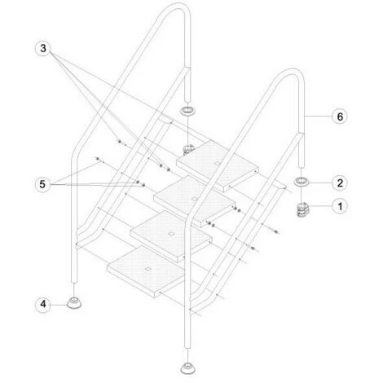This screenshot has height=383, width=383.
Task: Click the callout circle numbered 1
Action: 340,206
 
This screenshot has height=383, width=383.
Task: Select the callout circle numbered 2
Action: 340,183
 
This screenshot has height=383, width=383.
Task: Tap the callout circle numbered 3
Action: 43,48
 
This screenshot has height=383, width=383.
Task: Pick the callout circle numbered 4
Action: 43,305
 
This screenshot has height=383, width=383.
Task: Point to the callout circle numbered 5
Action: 42,184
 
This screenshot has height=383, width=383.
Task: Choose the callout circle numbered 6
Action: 340,117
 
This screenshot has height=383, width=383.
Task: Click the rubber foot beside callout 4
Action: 74,303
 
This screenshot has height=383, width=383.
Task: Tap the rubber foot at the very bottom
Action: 188,368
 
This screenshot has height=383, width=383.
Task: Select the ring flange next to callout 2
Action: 302,181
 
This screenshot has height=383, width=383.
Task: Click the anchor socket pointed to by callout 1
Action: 302,209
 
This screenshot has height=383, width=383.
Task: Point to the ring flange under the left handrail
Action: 188,110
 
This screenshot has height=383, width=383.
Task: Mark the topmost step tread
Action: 218,165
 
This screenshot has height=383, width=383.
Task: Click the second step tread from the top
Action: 195,201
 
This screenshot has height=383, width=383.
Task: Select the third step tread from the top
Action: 171,236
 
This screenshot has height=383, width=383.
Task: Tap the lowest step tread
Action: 148,271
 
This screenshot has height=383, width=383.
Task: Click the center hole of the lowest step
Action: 147,269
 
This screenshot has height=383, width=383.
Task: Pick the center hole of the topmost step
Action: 218,163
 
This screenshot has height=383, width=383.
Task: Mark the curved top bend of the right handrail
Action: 291,74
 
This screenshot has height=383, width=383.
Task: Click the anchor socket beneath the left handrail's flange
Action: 187,149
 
